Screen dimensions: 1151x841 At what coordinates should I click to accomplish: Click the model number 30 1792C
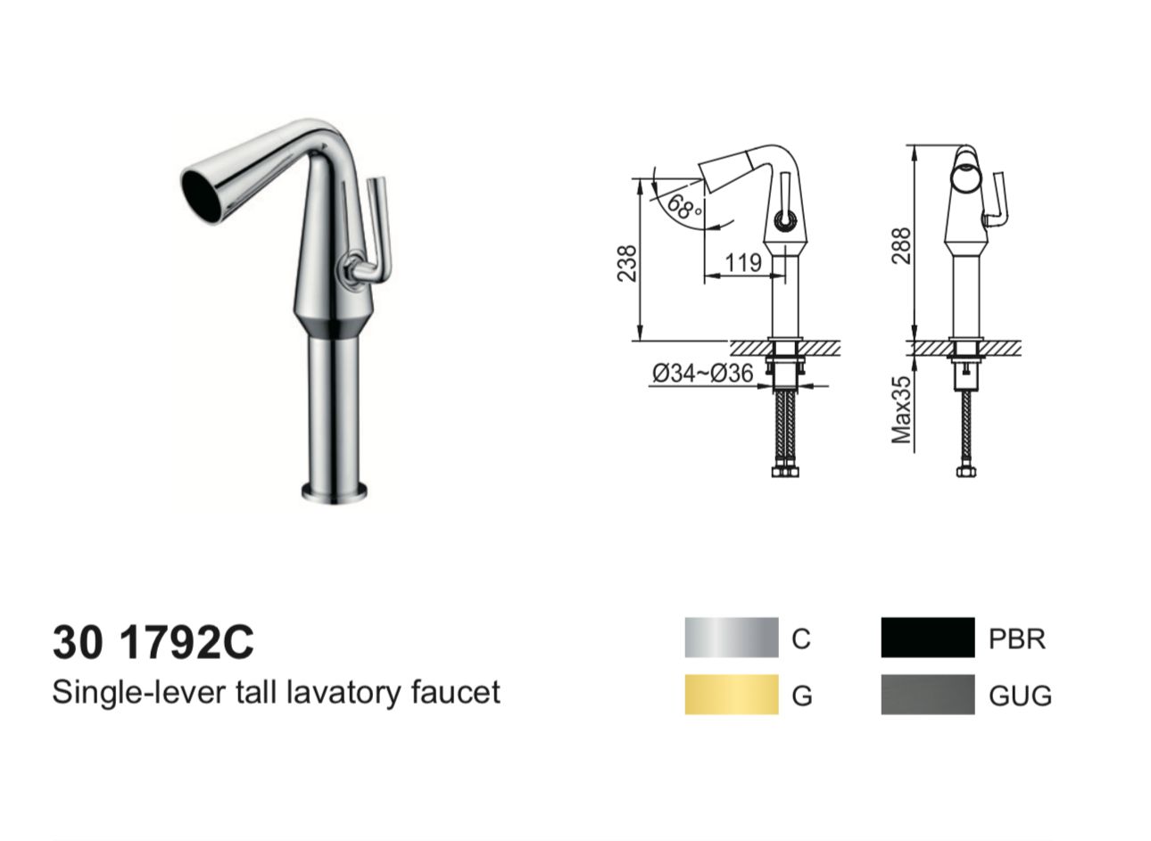click(153, 643)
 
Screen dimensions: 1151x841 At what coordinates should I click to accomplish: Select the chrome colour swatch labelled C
click(731, 638)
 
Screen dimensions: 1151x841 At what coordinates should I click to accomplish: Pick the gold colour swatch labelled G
click(731, 695)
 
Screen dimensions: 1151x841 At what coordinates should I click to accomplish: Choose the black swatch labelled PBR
click(927, 638)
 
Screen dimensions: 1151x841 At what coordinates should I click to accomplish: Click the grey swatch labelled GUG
click(927, 695)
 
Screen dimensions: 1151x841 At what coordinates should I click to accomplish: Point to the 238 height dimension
click(626, 264)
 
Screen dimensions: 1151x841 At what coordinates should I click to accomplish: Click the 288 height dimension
click(901, 246)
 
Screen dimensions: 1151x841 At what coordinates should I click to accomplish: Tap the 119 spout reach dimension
click(743, 263)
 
